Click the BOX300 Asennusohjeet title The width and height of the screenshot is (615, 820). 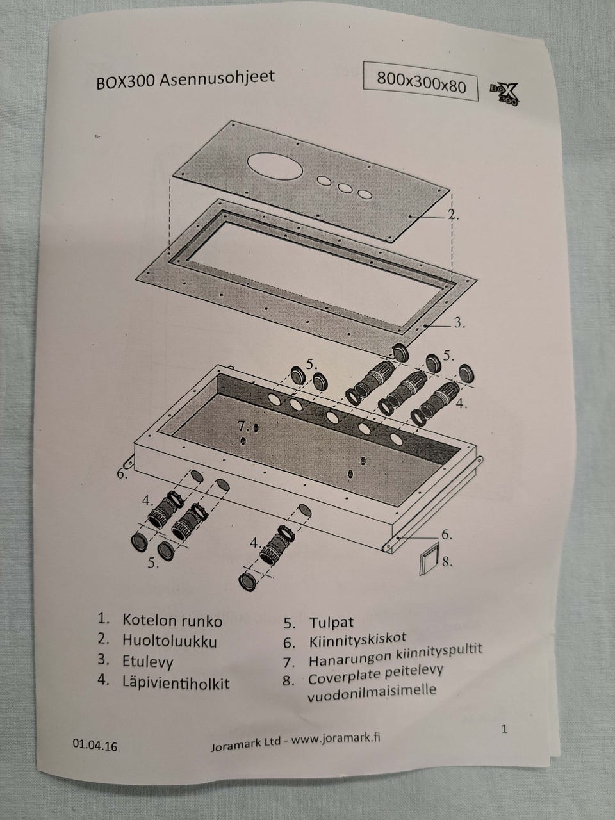(x=185, y=79)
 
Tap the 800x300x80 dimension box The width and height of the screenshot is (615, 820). (x=421, y=81)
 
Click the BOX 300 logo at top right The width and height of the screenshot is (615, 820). (x=503, y=91)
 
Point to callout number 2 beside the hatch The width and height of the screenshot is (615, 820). (x=453, y=216)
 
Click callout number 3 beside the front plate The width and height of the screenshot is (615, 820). (x=459, y=323)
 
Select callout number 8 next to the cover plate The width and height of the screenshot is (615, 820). (x=447, y=562)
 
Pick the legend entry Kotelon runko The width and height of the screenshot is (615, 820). (x=172, y=620)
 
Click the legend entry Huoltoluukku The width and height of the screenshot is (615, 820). (x=169, y=640)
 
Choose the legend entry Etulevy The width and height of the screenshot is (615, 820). (x=147, y=660)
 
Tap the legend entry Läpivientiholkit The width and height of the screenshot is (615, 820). (x=176, y=681)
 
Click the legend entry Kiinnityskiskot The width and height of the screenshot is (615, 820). (x=357, y=639)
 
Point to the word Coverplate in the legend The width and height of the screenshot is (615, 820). (x=340, y=678)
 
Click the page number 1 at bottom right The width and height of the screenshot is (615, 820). (x=504, y=728)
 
